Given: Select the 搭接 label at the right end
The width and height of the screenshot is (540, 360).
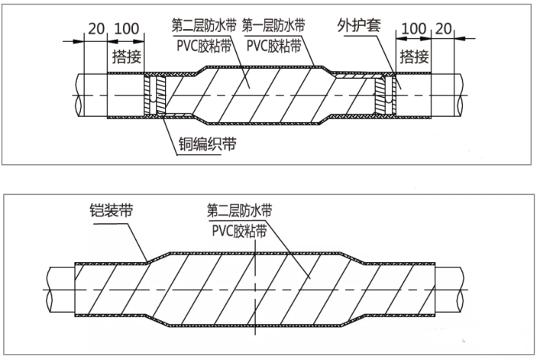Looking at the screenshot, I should pos(414,55).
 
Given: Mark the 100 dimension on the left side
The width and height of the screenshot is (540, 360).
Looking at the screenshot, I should pos(125,29).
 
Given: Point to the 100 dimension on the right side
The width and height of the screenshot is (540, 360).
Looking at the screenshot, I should pos(413,29).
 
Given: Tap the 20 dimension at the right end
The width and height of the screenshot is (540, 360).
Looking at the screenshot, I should pos(443,29).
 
